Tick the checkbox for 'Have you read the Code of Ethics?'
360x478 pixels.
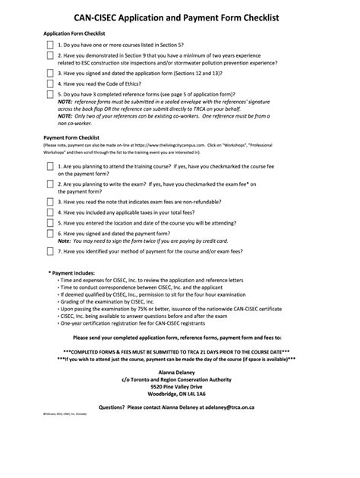(50, 83)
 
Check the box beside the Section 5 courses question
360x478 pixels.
(50, 46)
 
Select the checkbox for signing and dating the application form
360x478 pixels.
(50, 73)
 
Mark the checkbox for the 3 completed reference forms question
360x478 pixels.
(50, 95)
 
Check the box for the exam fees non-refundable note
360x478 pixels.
(50, 202)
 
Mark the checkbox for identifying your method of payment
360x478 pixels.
(50, 251)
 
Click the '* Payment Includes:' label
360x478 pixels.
(72, 272)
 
